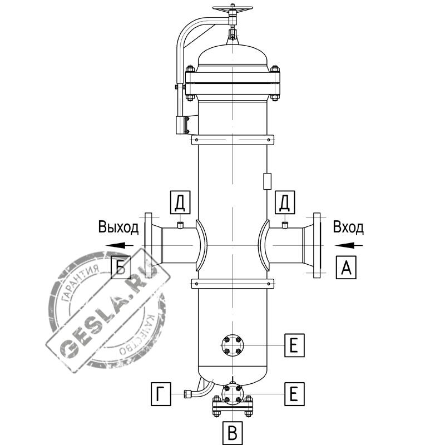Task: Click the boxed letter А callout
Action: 346,267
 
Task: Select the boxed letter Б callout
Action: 121,267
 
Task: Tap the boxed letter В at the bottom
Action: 233,433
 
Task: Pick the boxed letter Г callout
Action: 161,394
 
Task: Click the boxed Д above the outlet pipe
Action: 180,202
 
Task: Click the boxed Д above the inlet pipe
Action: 285,202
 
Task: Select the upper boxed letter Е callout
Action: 295,345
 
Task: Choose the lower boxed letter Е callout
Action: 295,394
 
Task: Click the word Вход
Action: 348,227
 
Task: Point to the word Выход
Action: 118,227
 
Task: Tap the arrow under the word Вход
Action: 349,245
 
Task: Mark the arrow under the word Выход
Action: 119,245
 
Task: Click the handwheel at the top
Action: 233,8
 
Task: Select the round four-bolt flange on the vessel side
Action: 233,345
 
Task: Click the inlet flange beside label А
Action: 317,245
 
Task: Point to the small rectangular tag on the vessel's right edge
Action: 268,181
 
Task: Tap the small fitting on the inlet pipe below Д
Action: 285,225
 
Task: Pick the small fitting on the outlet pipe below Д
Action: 180,225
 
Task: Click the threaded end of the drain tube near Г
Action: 187,394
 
